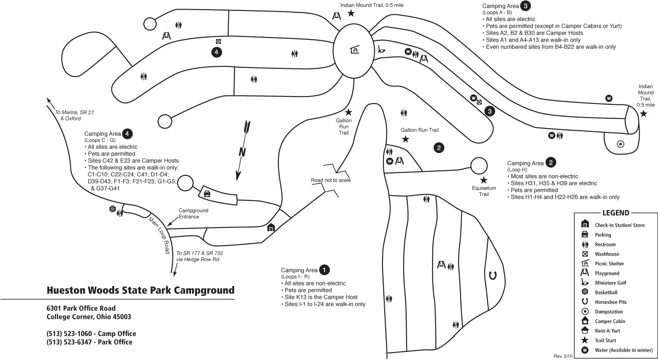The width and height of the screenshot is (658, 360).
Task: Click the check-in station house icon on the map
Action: click(x=271, y=228)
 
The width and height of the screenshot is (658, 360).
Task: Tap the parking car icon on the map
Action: click(x=207, y=193)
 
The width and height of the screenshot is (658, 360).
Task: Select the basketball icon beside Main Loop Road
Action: click(x=112, y=209)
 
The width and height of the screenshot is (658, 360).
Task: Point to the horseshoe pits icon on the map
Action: click(x=493, y=276)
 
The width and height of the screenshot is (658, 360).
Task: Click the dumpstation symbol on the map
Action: click(x=620, y=144)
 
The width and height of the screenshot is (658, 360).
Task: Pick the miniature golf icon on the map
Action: click(x=381, y=49)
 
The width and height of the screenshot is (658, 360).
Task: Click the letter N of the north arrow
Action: click(x=242, y=152)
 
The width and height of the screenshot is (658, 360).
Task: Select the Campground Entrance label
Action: click(x=193, y=214)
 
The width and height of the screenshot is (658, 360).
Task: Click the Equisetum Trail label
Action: click(x=484, y=191)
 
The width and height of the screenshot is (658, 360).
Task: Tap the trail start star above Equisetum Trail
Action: click(x=483, y=180)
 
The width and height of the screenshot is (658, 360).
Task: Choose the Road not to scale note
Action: click(x=331, y=180)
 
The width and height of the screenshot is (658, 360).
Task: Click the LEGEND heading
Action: click(x=616, y=213)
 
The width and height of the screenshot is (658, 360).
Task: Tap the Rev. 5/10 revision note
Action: click(x=563, y=356)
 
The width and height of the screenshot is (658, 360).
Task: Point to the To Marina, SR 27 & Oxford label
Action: click(x=74, y=115)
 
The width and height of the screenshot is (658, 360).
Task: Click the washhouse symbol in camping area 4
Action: click(x=218, y=41)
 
